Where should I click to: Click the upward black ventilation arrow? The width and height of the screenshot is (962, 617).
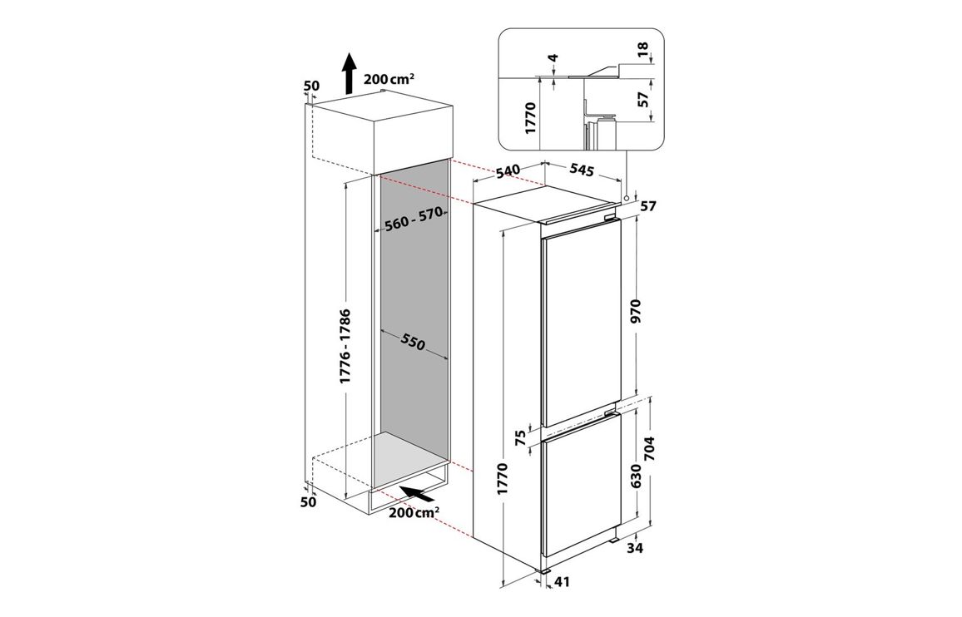(349, 72)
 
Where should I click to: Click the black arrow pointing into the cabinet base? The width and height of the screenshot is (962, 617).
(420, 492)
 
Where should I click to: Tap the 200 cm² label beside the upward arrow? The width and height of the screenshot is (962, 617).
(389, 79)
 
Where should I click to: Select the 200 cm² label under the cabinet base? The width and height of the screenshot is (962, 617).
(413, 512)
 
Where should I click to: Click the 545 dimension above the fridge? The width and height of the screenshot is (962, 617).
(581, 170)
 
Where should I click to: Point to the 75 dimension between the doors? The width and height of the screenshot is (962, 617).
(520, 437)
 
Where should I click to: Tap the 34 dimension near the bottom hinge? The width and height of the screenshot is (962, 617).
(635, 548)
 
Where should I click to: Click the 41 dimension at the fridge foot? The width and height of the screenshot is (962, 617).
(562, 581)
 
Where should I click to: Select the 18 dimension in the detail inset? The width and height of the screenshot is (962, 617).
(642, 49)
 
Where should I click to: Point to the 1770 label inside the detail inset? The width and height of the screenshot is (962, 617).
(531, 118)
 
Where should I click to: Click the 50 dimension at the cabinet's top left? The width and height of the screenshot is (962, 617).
(312, 86)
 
